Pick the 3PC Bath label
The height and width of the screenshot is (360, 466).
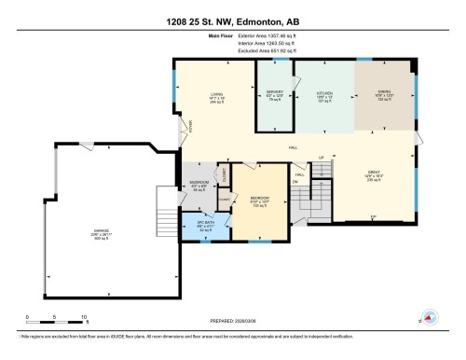[x=205, y=225]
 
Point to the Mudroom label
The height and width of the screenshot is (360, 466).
[x=199, y=184]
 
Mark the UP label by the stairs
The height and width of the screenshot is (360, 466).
[x=322, y=158]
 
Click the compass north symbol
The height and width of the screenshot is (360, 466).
[x=431, y=317]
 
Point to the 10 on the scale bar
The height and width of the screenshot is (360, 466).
[x=84, y=317]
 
